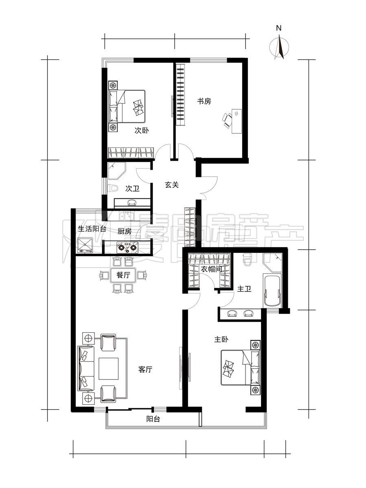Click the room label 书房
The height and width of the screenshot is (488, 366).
tap(204, 101)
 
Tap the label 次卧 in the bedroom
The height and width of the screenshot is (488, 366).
tap(142, 131)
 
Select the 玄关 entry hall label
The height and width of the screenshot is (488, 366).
tap(172, 185)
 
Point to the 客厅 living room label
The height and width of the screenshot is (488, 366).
tap(145, 370)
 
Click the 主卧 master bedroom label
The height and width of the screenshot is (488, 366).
tap(221, 340)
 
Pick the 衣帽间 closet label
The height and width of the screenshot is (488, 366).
tap(211, 269)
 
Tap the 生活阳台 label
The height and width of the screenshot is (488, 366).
tap(92, 229)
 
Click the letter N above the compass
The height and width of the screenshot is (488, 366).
tap(278, 28)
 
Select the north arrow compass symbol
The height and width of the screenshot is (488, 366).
tap(279, 47)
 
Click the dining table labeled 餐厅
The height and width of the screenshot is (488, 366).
tap(123, 275)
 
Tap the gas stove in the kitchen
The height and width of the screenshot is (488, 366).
tap(127, 247)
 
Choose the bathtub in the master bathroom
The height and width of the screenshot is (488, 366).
tap(272, 291)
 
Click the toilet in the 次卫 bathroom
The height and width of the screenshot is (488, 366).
tap(113, 188)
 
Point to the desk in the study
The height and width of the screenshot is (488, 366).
tap(237, 121)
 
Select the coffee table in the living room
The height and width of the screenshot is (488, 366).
tap(109, 368)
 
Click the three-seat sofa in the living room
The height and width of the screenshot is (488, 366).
tap(86, 368)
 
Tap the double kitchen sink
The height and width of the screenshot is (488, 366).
tap(126, 216)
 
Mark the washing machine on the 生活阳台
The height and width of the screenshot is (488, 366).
tap(85, 246)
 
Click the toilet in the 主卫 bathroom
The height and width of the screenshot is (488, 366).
tap(247, 260)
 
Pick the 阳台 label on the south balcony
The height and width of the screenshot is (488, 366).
tap(153, 419)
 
